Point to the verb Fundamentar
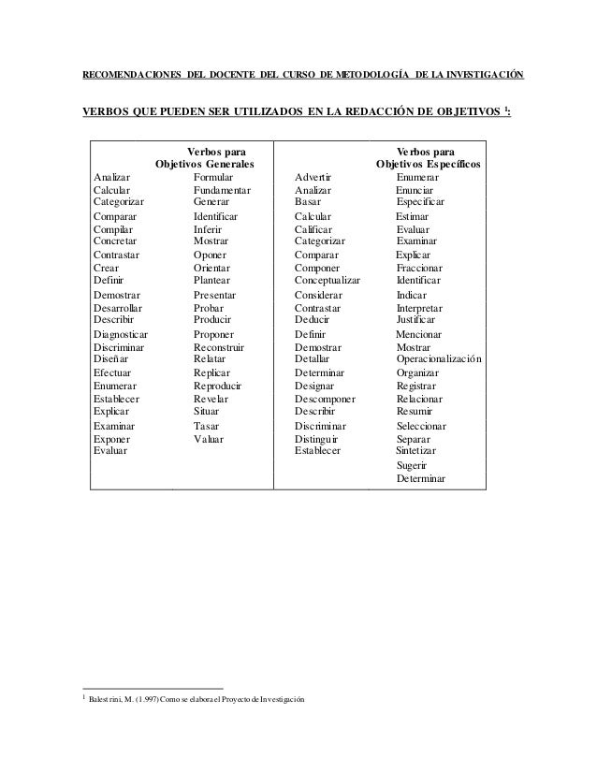223,189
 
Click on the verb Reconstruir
224,346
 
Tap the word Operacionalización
439,358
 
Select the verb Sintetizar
423,450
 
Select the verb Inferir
208,228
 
